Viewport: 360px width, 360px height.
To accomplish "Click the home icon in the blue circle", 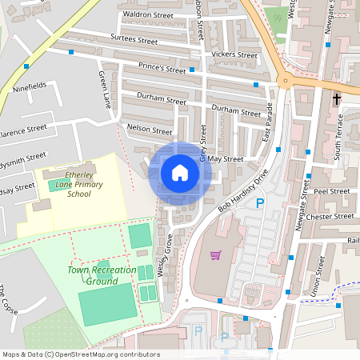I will tap(179, 173).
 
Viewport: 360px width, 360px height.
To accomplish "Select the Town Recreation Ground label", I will tap(102, 275).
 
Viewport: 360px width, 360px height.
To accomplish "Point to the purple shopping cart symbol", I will tap(214, 255).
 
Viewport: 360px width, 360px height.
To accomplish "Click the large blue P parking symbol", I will tap(259, 205).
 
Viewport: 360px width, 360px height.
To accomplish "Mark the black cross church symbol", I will tap(336, 100).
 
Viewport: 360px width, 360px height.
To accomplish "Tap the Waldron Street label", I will tap(146, 14).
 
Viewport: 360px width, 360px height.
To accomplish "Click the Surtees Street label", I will tap(134, 38).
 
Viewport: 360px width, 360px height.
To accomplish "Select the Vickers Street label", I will tap(234, 55).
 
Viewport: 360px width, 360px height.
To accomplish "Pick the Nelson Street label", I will tap(150, 130).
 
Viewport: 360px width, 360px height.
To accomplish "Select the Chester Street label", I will tap(334, 216).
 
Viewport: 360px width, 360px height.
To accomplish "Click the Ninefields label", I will tap(30, 83).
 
